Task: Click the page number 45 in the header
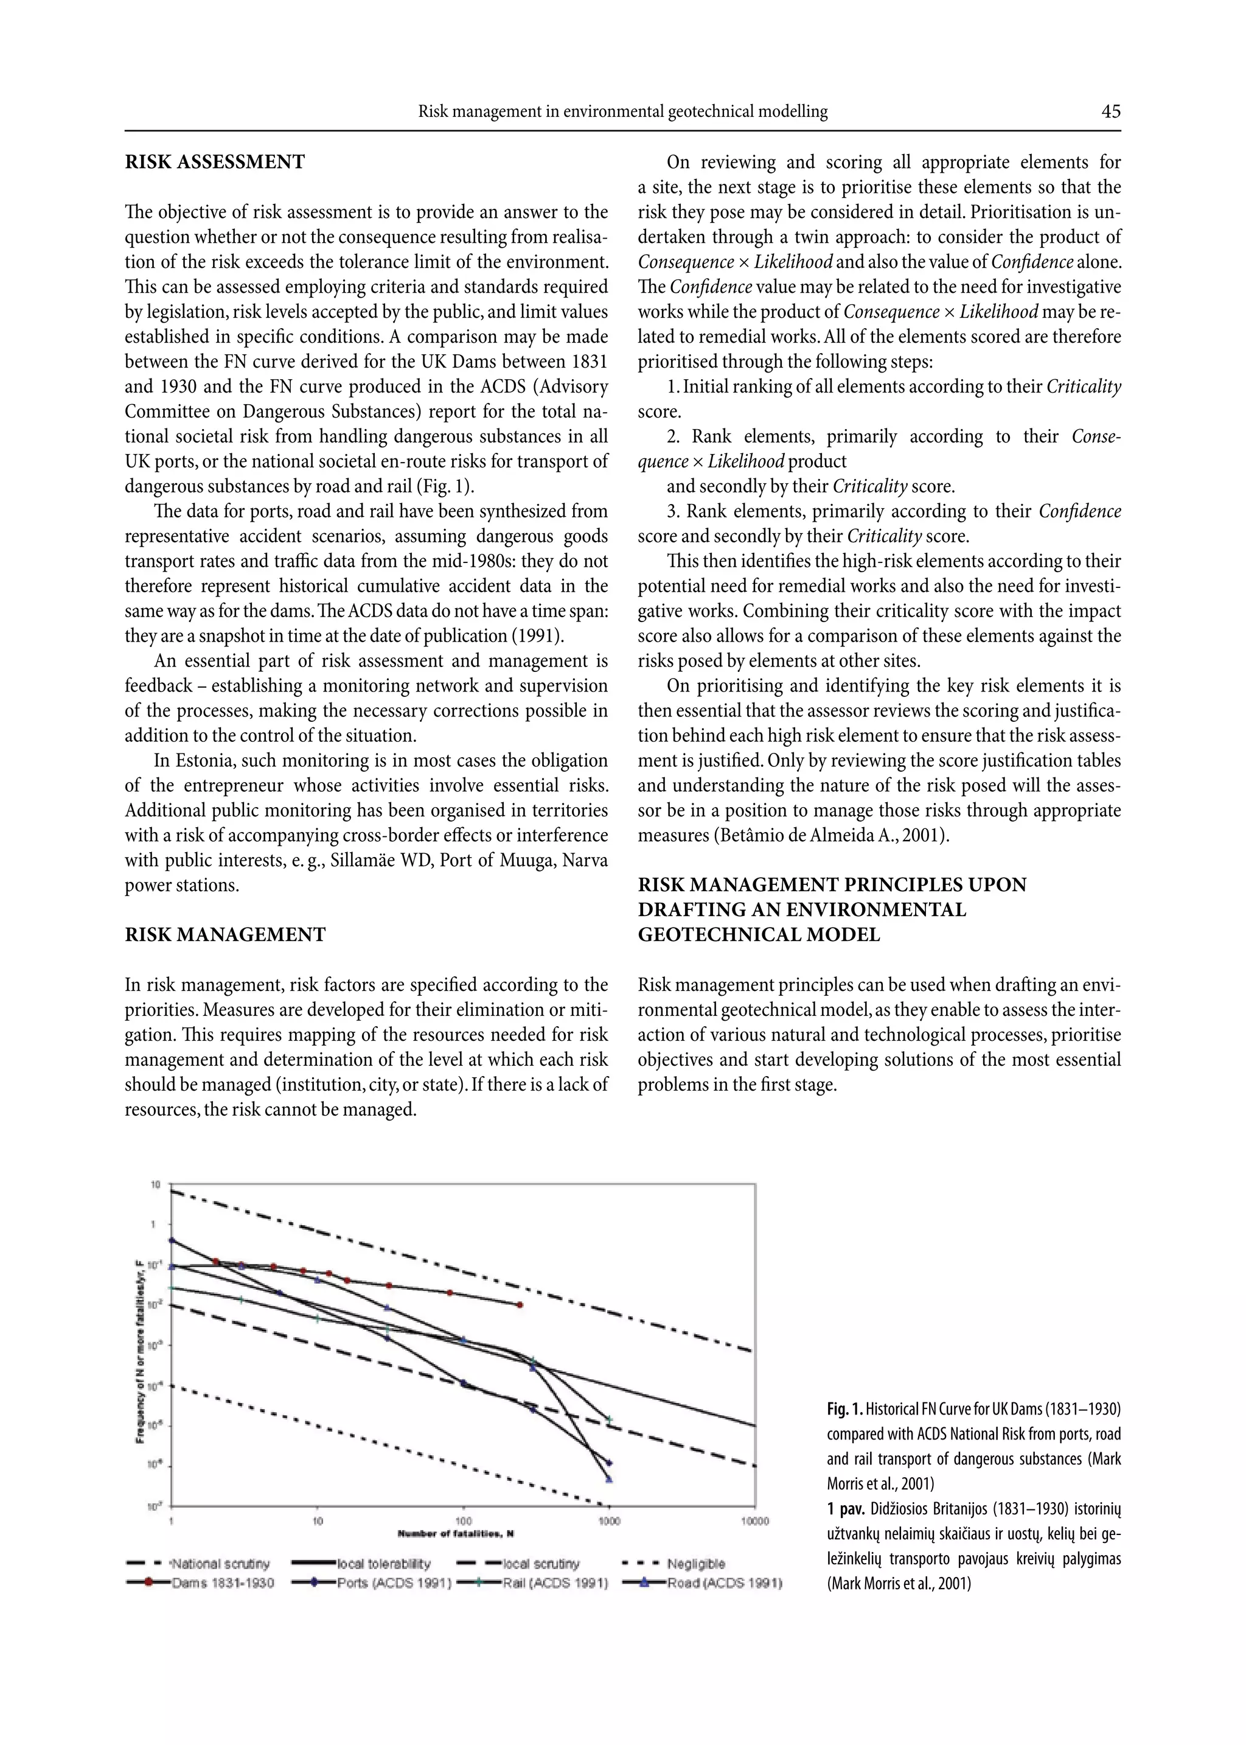pos(1110,112)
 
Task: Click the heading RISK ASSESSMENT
pos(215,162)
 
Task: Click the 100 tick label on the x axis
pos(464,1521)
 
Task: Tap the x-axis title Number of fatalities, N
pos(456,1534)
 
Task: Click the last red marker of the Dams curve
pos(520,1304)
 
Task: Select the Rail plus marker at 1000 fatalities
pos(609,1419)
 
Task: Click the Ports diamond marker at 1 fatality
pos(172,1239)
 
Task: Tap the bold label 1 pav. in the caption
pos(846,1509)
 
